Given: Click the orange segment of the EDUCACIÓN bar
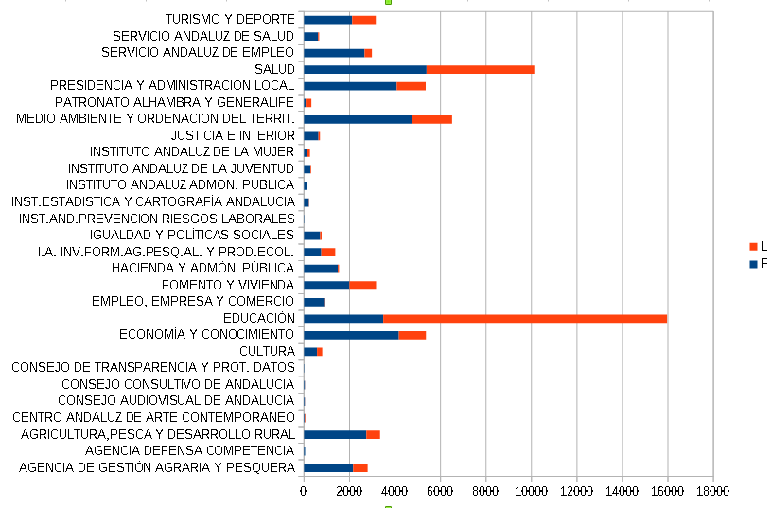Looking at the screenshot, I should pyautogui.click(x=525, y=318).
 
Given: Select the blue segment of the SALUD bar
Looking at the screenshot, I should pyautogui.click(x=365, y=69).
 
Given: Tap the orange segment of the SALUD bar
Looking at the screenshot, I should pyautogui.click(x=481, y=69).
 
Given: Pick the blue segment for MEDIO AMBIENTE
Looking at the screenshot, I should pyautogui.click(x=358, y=119).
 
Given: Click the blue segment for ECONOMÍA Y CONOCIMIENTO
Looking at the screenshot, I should pyautogui.click(x=351, y=334).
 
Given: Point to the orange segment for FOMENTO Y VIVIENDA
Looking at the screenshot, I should pyautogui.click(x=362, y=285).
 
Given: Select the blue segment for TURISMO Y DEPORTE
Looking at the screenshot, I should pyautogui.click(x=327, y=20).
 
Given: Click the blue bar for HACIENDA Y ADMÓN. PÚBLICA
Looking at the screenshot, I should pyautogui.click(x=321, y=268).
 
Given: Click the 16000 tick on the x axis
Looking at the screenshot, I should pyautogui.click(x=667, y=491).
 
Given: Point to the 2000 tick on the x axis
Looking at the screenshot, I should pyautogui.click(x=349, y=491).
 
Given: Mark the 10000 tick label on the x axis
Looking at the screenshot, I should pyautogui.click(x=531, y=491).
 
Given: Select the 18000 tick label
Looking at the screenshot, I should pyautogui.click(x=712, y=491).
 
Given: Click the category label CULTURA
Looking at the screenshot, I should pyautogui.click(x=267, y=351).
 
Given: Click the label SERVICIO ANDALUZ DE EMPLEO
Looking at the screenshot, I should pyautogui.click(x=198, y=52).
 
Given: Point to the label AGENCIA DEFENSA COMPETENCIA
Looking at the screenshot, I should pyautogui.click(x=189, y=450).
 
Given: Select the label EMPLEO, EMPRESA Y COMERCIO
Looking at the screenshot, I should pyautogui.click(x=193, y=301).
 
